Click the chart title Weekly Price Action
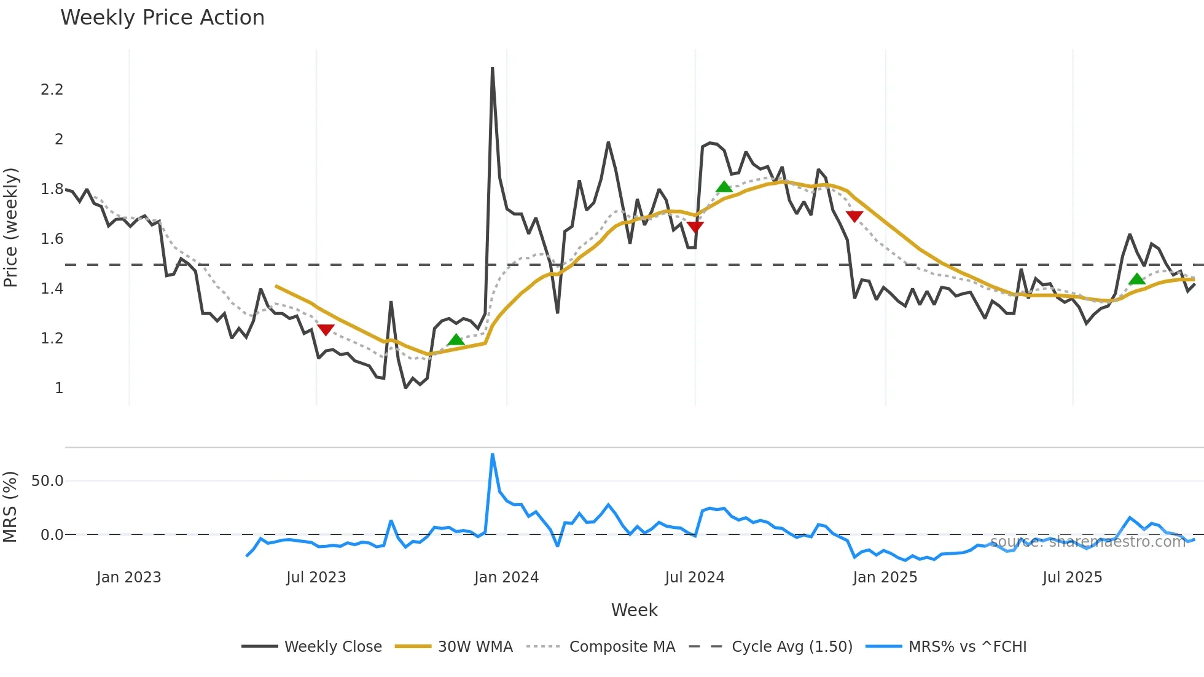click(162, 18)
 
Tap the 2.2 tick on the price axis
click(52, 90)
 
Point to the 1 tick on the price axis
click(59, 388)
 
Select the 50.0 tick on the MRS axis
click(47, 481)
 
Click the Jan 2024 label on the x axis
click(506, 577)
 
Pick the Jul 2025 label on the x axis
click(1072, 577)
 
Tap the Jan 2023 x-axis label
click(129, 577)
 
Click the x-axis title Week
click(634, 610)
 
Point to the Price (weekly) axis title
click(10, 227)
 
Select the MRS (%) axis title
click(10, 507)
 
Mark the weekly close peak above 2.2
click(493, 69)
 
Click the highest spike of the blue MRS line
click(493, 455)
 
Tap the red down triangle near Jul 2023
click(326, 330)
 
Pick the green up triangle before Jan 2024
click(456, 340)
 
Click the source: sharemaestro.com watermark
click(1087, 542)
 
